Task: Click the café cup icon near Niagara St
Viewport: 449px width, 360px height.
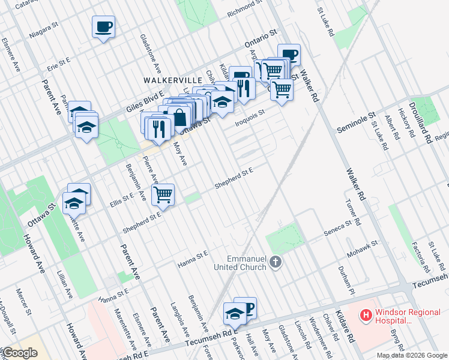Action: pyautogui.click(x=103, y=26)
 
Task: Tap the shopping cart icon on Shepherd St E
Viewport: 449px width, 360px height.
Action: pyautogui.click(x=163, y=194)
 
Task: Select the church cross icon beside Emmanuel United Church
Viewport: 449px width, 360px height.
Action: pyautogui.click(x=276, y=262)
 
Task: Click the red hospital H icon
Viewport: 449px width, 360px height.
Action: pyautogui.click(x=365, y=314)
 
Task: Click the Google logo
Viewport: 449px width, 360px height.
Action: pyautogui.click(x=20, y=353)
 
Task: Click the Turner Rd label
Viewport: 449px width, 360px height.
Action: pyautogui.click(x=352, y=212)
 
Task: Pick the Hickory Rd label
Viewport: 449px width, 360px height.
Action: pyautogui.click(x=408, y=125)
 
